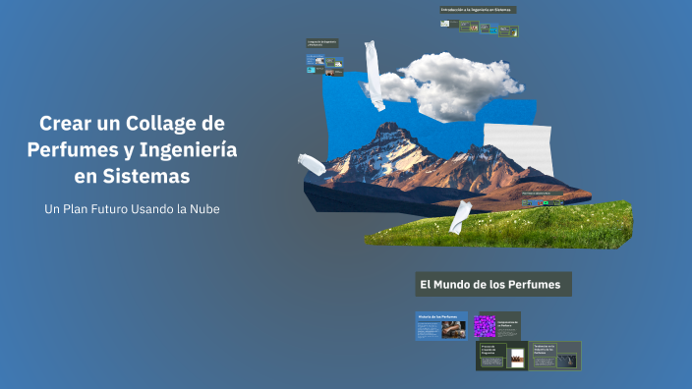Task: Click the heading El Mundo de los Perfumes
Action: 490,285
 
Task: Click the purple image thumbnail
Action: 485,326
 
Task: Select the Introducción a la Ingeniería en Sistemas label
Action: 478,10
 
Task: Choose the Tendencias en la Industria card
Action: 556,355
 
